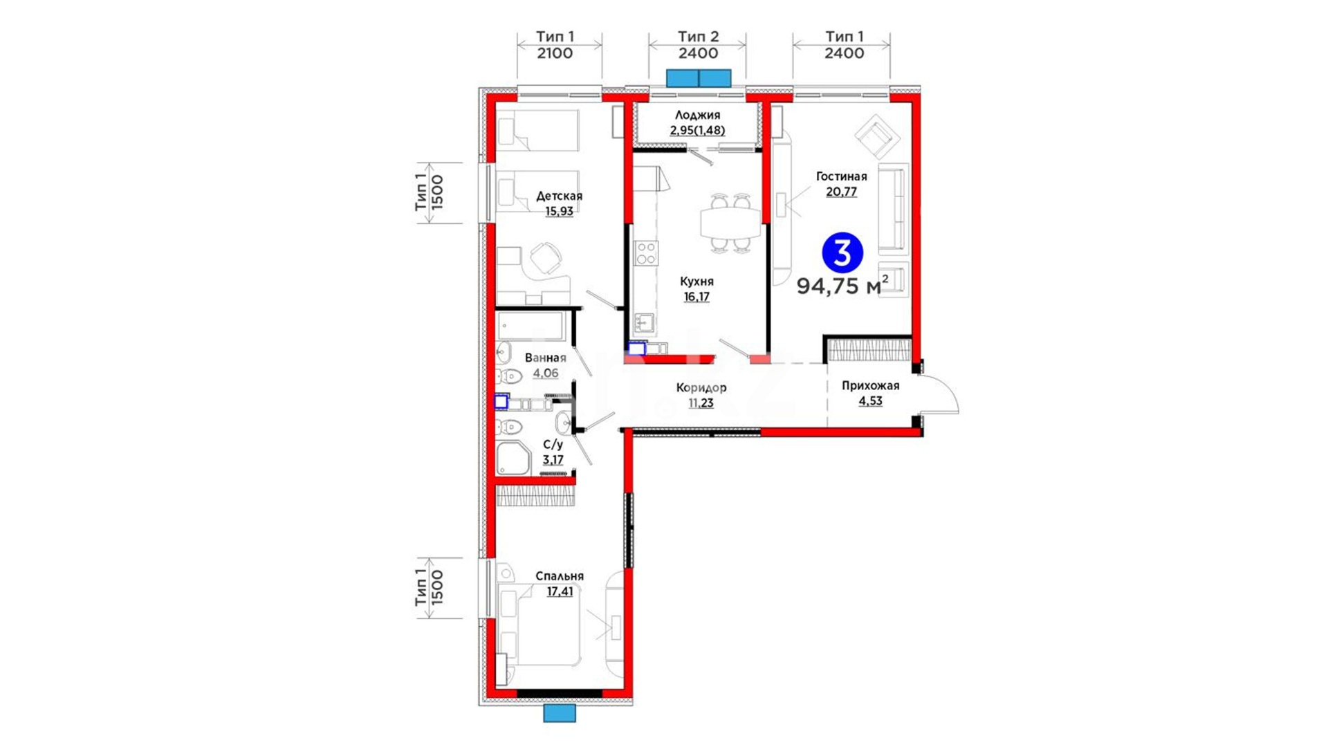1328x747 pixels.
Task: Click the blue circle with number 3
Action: [842, 253]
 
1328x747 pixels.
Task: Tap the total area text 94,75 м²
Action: [842, 285]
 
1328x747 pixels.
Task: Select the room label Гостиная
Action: [841, 176]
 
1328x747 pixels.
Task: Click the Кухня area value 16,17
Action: [697, 297]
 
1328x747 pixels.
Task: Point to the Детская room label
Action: [559, 196]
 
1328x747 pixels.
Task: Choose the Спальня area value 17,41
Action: [560, 591]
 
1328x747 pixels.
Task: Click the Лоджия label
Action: [697, 116]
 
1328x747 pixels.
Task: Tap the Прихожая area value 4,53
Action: [870, 401]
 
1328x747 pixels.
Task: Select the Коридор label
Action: [701, 388]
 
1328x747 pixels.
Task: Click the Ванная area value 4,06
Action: [546, 373]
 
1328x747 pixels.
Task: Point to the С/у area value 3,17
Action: [553, 460]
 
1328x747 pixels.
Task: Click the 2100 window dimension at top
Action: [555, 53]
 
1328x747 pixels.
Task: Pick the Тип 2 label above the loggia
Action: [698, 36]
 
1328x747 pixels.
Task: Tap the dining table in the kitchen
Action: [730, 223]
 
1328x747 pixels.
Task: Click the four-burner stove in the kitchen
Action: [647, 253]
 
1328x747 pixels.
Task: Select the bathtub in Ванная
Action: [531, 326]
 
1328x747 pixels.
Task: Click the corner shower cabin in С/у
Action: [513, 458]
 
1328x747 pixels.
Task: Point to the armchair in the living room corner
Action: [877, 136]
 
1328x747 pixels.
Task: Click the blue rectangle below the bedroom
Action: [560, 713]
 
